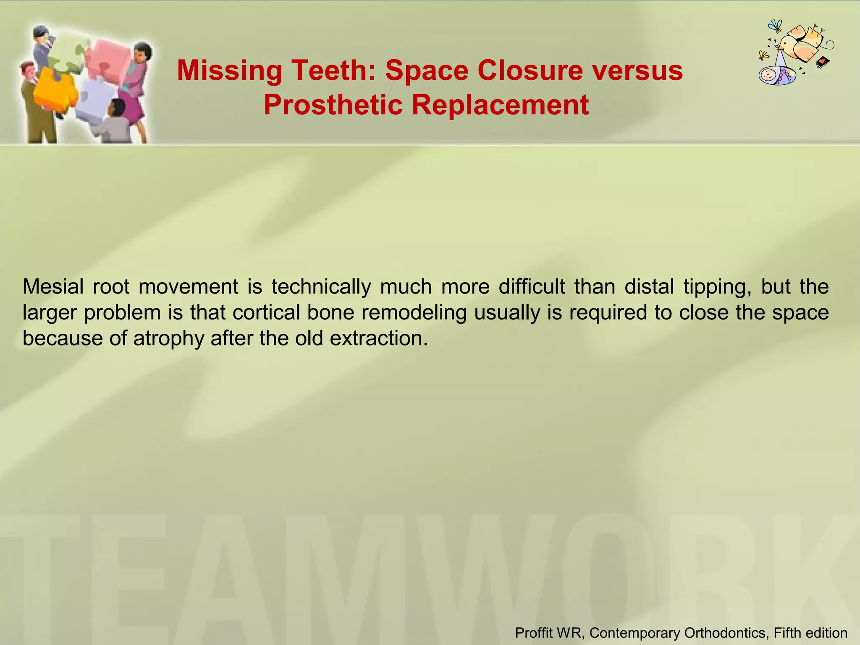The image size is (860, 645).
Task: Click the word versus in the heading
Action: (x=638, y=71)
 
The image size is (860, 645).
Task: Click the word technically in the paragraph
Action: (x=321, y=287)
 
